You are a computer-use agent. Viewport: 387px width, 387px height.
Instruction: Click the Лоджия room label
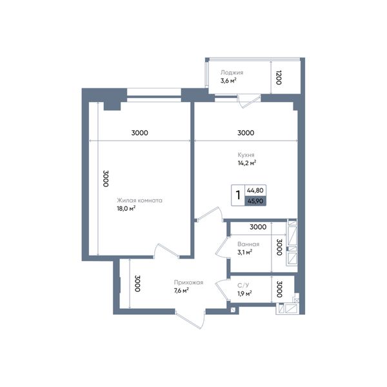click(x=232, y=72)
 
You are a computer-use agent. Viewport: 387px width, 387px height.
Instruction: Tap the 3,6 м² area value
click(x=228, y=81)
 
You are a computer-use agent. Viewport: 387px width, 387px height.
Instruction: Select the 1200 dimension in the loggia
click(x=279, y=77)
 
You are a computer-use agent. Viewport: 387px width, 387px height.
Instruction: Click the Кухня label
click(x=246, y=155)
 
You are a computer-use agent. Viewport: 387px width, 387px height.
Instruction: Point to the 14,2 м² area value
click(x=247, y=163)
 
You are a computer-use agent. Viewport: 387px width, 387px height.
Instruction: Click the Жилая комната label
click(x=140, y=201)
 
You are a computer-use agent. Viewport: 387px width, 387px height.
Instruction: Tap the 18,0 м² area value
click(x=126, y=208)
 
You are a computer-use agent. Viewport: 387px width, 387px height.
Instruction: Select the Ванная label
click(x=248, y=244)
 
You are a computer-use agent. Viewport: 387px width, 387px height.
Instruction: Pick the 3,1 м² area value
click(x=245, y=252)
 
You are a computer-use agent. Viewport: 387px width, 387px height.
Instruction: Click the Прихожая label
click(x=188, y=283)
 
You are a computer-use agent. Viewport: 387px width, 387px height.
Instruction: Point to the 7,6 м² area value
click(x=181, y=290)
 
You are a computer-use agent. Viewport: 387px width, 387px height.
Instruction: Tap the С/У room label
click(x=243, y=285)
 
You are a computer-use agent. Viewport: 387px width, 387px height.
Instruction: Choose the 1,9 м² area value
click(x=244, y=293)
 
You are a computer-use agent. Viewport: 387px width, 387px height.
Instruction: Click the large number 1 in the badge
click(x=238, y=195)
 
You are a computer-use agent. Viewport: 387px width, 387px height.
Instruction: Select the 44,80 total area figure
click(x=255, y=190)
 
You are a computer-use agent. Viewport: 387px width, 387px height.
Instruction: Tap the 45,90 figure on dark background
click(x=255, y=201)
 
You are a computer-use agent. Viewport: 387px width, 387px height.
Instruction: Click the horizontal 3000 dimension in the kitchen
click(x=246, y=133)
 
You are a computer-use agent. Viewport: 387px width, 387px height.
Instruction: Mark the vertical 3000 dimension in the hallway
click(x=138, y=283)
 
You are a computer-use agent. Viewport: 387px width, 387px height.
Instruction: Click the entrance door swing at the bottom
click(x=190, y=320)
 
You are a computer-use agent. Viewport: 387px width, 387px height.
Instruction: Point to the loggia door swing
click(x=249, y=101)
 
